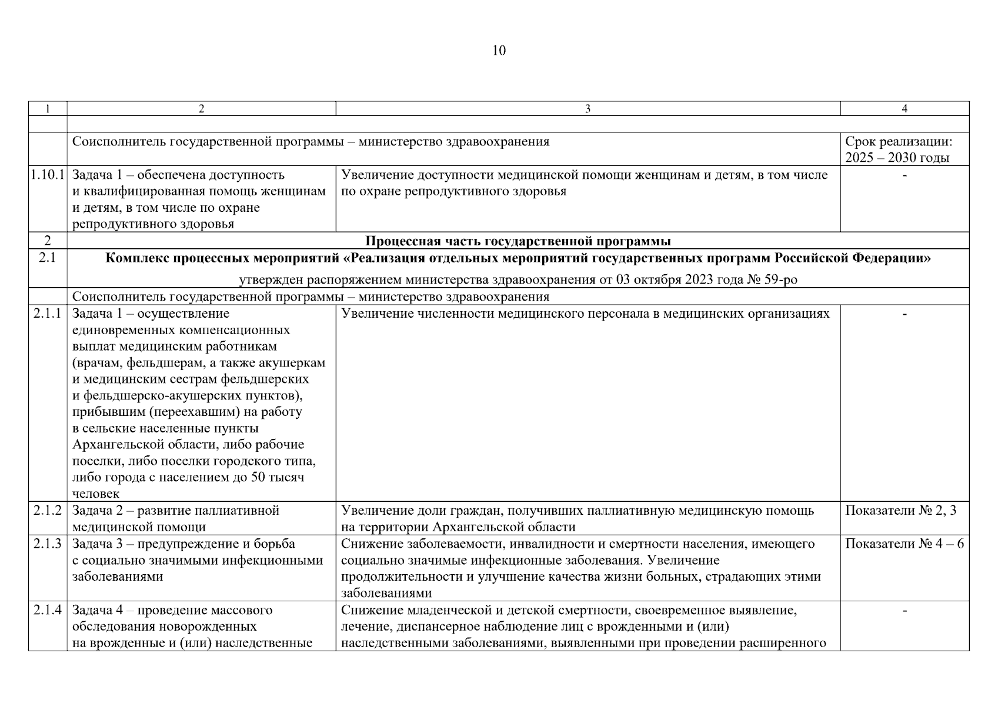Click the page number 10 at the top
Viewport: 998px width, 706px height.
(x=498, y=51)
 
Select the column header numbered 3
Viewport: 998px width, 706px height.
(x=588, y=108)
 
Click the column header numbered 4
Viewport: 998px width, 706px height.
(x=904, y=108)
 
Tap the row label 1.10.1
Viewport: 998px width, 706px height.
(x=48, y=175)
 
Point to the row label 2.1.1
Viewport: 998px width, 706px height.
(x=48, y=314)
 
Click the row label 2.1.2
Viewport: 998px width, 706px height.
(x=48, y=511)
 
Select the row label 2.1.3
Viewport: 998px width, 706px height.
(x=48, y=544)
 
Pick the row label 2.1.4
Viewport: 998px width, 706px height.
(x=48, y=610)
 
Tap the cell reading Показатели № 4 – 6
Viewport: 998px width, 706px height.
(x=904, y=544)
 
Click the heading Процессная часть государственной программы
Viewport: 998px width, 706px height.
(x=518, y=241)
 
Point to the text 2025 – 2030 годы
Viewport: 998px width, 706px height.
(x=897, y=158)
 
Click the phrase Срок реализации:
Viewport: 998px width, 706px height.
(x=898, y=142)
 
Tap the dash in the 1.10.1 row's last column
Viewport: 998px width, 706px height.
(x=904, y=175)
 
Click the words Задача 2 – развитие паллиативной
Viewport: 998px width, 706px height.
(x=175, y=511)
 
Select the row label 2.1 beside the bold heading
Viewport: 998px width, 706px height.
(x=48, y=258)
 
